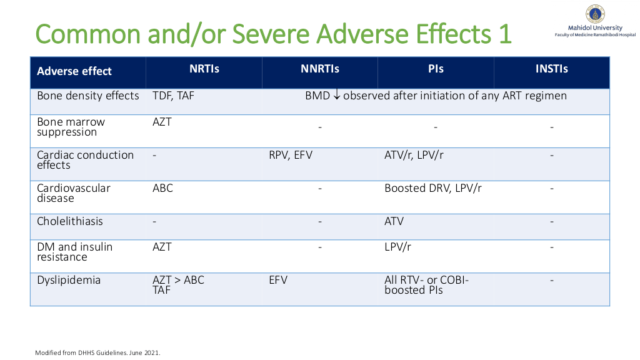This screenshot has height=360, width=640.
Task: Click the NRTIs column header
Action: pyautogui.click(x=204, y=69)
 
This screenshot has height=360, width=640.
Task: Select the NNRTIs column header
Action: pyautogui.click(x=320, y=69)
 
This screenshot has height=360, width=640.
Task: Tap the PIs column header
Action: pyautogui.click(x=436, y=69)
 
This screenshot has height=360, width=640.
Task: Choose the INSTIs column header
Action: pyautogui.click(x=551, y=69)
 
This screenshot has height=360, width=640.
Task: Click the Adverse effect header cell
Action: pyautogui.click(x=74, y=71)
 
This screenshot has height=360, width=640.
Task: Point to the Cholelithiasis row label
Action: pyautogui.click(x=70, y=221)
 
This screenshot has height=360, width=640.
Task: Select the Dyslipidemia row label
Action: pyautogui.click(x=69, y=281)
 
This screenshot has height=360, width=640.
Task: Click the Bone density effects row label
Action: pyautogui.click(x=87, y=96)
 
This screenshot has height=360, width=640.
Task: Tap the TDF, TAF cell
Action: pyautogui.click(x=173, y=96)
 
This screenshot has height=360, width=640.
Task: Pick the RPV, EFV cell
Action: pyautogui.click(x=290, y=155)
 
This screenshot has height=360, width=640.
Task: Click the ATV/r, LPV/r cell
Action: pyautogui.click(x=414, y=155)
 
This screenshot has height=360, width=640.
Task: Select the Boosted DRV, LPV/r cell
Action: pyautogui.click(x=433, y=188)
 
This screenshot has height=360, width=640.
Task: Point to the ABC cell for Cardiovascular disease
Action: pyautogui.click(x=162, y=188)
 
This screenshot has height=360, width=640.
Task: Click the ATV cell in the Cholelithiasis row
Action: pyautogui.click(x=394, y=221)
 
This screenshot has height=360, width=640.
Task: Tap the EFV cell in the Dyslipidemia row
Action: pyautogui.click(x=278, y=280)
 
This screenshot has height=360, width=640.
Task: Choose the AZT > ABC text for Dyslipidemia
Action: pyautogui.click(x=178, y=280)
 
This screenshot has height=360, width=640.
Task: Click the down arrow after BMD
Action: pyautogui.click(x=337, y=96)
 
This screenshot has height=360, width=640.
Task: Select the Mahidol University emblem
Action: pyautogui.click(x=595, y=14)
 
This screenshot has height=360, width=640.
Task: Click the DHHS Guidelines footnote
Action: pyautogui.click(x=97, y=352)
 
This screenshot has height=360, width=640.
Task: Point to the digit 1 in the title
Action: pyautogui.click(x=505, y=34)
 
